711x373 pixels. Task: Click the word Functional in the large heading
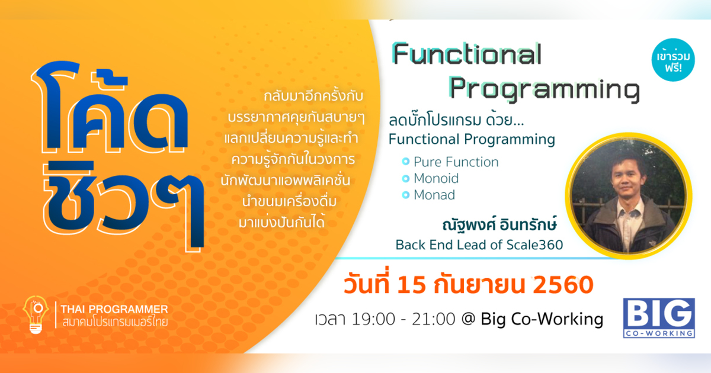467,55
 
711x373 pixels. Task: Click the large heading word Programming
544,89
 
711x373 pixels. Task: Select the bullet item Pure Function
456,162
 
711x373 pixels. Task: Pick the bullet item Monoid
436,178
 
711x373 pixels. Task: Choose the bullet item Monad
434,195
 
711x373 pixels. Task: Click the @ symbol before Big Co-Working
468,320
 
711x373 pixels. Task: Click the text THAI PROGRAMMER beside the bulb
114,308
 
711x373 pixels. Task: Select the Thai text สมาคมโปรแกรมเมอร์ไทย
114,323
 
